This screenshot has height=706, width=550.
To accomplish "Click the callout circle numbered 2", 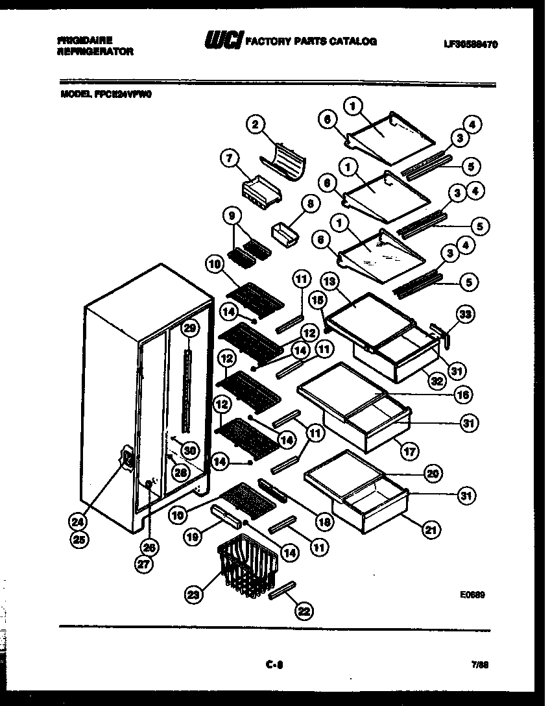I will [256, 125].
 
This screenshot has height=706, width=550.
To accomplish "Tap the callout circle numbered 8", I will [310, 204].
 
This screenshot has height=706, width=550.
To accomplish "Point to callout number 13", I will [329, 282].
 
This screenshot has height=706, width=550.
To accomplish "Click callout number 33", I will [465, 315].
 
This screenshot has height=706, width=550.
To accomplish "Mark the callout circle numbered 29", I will [189, 328].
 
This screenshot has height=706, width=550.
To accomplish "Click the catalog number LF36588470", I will [471, 44].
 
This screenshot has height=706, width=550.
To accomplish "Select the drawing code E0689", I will [474, 594].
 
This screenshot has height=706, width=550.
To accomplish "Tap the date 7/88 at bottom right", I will [480, 664].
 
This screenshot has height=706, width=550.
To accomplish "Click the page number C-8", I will [275, 664].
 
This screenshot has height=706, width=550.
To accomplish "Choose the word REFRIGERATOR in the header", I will [95, 51].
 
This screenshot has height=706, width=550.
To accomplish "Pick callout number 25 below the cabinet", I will [81, 539].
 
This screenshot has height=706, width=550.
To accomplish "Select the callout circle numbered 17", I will [410, 450].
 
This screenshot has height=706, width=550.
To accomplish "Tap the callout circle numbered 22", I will [304, 610].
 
